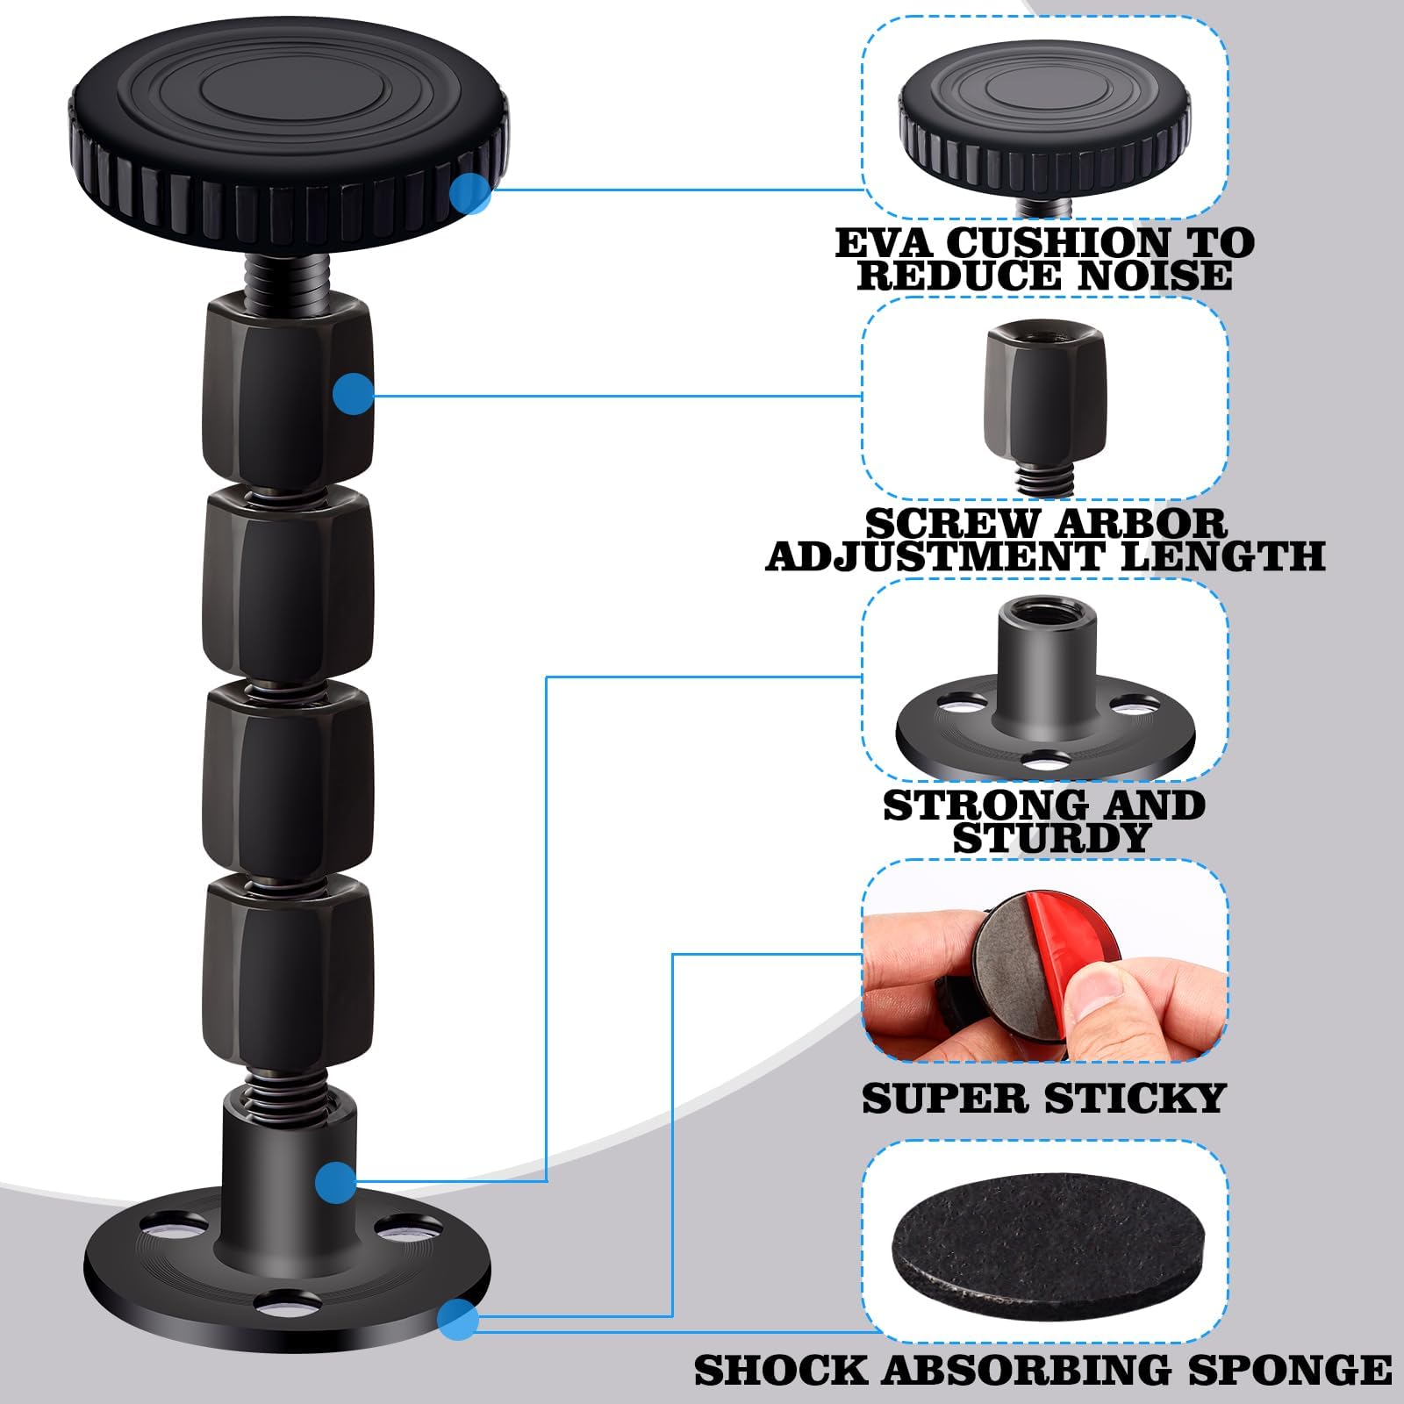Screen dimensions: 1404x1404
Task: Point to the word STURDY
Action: tap(1050, 838)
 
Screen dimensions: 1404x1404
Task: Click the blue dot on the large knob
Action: tap(470, 192)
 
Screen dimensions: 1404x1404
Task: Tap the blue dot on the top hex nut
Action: tap(354, 394)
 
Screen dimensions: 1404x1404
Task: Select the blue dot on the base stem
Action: tap(336, 1181)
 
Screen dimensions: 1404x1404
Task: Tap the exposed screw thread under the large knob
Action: tap(287, 276)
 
